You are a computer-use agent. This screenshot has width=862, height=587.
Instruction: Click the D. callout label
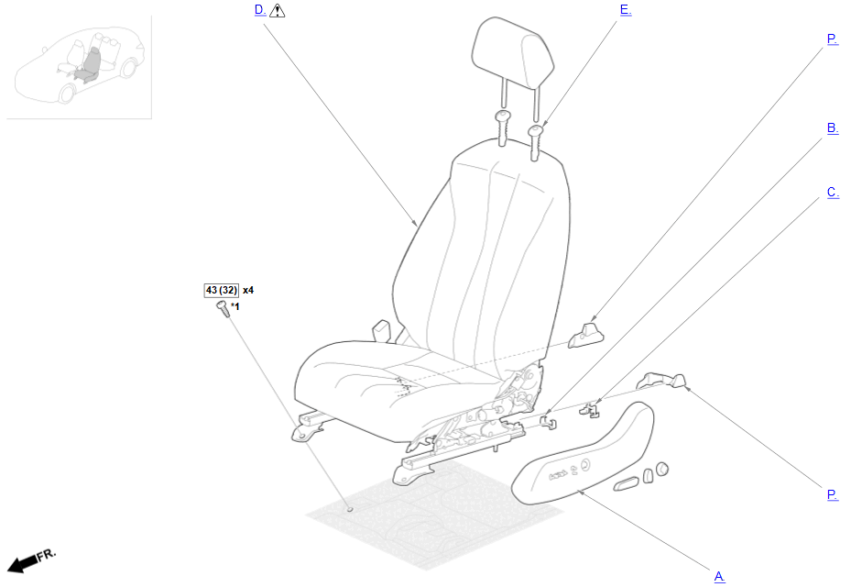260,10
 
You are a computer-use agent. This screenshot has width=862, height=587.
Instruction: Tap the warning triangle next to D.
278,10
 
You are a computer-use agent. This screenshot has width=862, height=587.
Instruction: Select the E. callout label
626,10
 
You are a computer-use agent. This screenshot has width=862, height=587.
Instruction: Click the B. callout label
833,128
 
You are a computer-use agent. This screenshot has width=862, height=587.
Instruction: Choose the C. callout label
833,193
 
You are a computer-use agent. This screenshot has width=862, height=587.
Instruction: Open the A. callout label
720,577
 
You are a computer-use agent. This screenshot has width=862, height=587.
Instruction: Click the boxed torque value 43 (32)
222,290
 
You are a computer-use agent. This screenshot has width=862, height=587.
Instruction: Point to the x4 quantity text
248,290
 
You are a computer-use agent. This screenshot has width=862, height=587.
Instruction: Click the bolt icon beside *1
223,308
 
